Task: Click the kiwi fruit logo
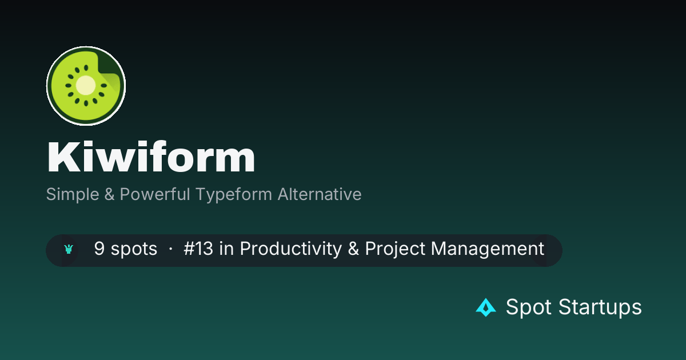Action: pyautogui.click(x=86, y=86)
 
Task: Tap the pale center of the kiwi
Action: pyautogui.click(x=85, y=85)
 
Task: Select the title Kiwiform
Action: pyautogui.click(x=151, y=157)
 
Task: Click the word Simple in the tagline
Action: pyautogui.click(x=73, y=194)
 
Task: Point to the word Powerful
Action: pyautogui.click(x=155, y=194)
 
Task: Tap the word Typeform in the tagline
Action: pyautogui.click(x=234, y=195)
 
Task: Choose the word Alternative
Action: pyautogui.click(x=320, y=194)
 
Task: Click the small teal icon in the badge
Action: pyautogui.click(x=69, y=249)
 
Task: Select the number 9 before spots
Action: pyautogui.click(x=99, y=248)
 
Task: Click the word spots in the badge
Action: pyautogui.click(x=134, y=249)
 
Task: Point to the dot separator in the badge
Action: pyautogui.click(x=170, y=249)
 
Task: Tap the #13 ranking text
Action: pyautogui.click(x=198, y=248)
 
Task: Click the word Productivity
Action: pyautogui.click(x=290, y=249)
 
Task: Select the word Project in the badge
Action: pyautogui.click(x=395, y=249)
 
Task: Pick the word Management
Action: pyautogui.click(x=488, y=249)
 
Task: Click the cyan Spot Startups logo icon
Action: pyautogui.click(x=486, y=307)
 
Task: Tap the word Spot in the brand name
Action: pyautogui.click(x=529, y=307)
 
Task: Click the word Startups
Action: pyautogui.click(x=600, y=307)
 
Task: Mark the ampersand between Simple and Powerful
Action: pyautogui.click(x=109, y=194)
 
